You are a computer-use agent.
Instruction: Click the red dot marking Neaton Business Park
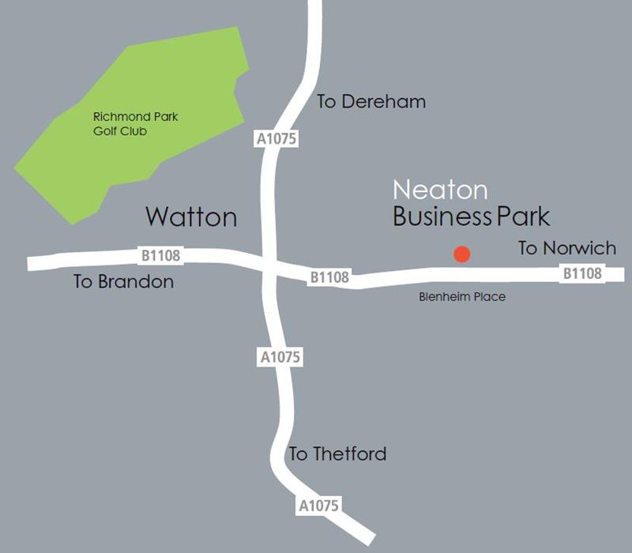click(x=461, y=254)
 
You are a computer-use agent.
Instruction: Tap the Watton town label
click(x=192, y=216)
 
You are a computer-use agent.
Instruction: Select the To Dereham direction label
click(x=371, y=102)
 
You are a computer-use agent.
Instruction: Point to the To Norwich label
click(x=566, y=248)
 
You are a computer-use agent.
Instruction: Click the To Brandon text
click(x=123, y=281)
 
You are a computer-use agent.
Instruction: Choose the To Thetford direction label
click(x=337, y=454)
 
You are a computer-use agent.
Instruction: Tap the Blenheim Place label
click(x=461, y=297)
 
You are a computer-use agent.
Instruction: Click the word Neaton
click(x=440, y=190)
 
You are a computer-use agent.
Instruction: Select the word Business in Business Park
click(x=442, y=216)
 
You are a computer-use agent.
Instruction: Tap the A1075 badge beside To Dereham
click(x=276, y=139)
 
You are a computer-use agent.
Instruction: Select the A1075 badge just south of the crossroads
click(x=280, y=357)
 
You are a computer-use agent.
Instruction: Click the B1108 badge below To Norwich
click(x=582, y=274)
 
